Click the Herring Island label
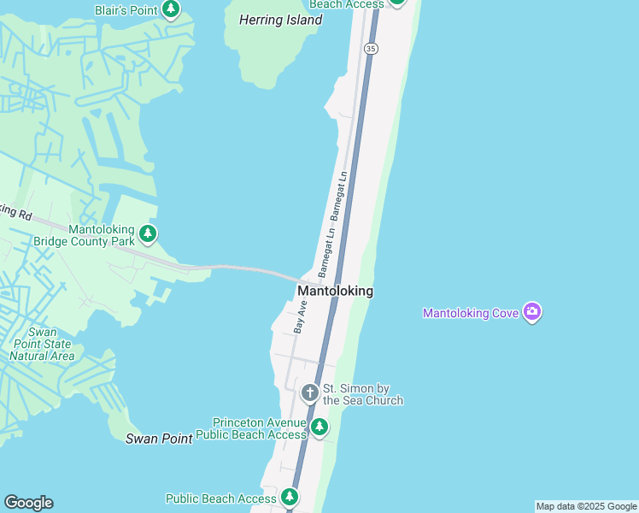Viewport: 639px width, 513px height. (x=280, y=20)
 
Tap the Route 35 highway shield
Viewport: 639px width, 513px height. (x=370, y=49)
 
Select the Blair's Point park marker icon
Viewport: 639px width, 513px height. (x=172, y=9)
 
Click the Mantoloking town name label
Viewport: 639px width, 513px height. (x=335, y=291)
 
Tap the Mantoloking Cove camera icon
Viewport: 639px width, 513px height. (x=532, y=312)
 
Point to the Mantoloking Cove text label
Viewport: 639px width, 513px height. (x=471, y=313)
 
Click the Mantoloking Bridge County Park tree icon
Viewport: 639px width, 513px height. (x=148, y=233)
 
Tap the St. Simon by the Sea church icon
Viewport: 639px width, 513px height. (x=309, y=393)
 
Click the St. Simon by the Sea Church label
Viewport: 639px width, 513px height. (x=362, y=394)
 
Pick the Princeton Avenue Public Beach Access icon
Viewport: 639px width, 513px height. (x=319, y=427)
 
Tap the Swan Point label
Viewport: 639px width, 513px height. (x=159, y=439)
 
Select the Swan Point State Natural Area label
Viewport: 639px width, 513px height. (x=42, y=344)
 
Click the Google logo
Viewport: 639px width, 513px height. (x=28, y=503)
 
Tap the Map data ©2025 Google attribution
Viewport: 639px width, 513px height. (x=586, y=506)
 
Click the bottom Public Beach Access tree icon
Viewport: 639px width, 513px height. (x=290, y=497)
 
